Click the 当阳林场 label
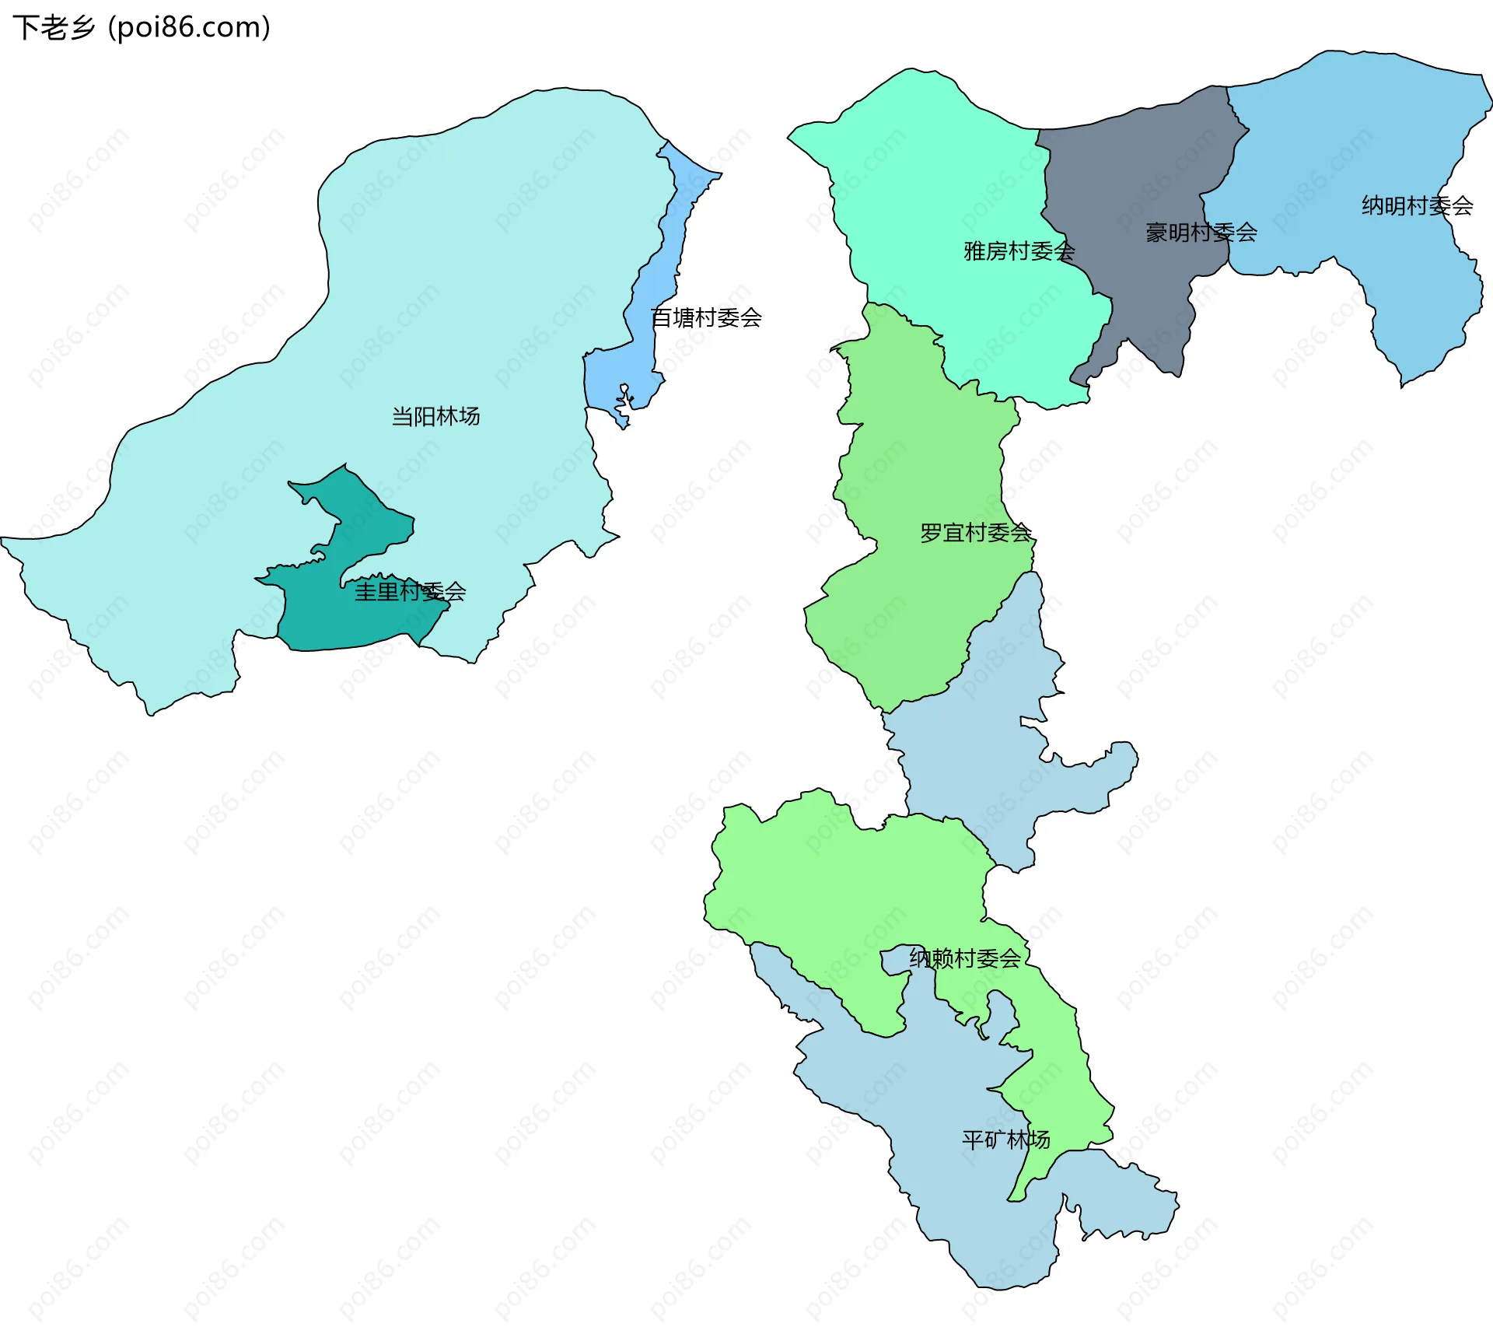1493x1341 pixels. pyautogui.click(x=435, y=417)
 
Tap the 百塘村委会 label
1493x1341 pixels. pyautogui.click(x=706, y=317)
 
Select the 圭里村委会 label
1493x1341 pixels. pyautogui.click(x=410, y=592)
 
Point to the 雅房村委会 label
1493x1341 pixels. pyautogui.click(x=1019, y=251)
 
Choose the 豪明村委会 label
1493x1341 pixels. pyautogui.click(x=1201, y=233)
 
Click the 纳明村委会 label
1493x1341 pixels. pyautogui.click(x=1417, y=206)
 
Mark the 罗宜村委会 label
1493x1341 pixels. pyautogui.click(x=975, y=533)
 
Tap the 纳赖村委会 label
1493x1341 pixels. pyautogui.click(x=964, y=958)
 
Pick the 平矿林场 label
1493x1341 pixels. pyautogui.click(x=1005, y=1140)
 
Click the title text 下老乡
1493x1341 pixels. pyautogui.click(x=54, y=28)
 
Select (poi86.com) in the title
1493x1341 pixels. pyautogui.click(x=189, y=28)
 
